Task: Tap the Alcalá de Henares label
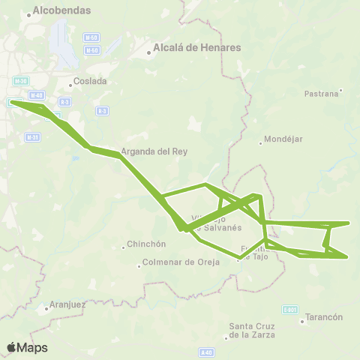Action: coord(196,47)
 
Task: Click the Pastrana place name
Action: coord(322,94)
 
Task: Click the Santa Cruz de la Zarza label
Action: coord(252,330)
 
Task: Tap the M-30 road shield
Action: coord(20,80)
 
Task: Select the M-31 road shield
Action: coord(31,137)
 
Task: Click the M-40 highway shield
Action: coord(38,95)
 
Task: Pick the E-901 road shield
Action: coord(290,308)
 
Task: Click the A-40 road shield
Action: coord(207,351)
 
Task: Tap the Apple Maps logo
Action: coord(27,347)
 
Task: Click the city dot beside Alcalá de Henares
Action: coord(148,52)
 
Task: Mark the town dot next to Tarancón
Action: coord(302,321)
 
